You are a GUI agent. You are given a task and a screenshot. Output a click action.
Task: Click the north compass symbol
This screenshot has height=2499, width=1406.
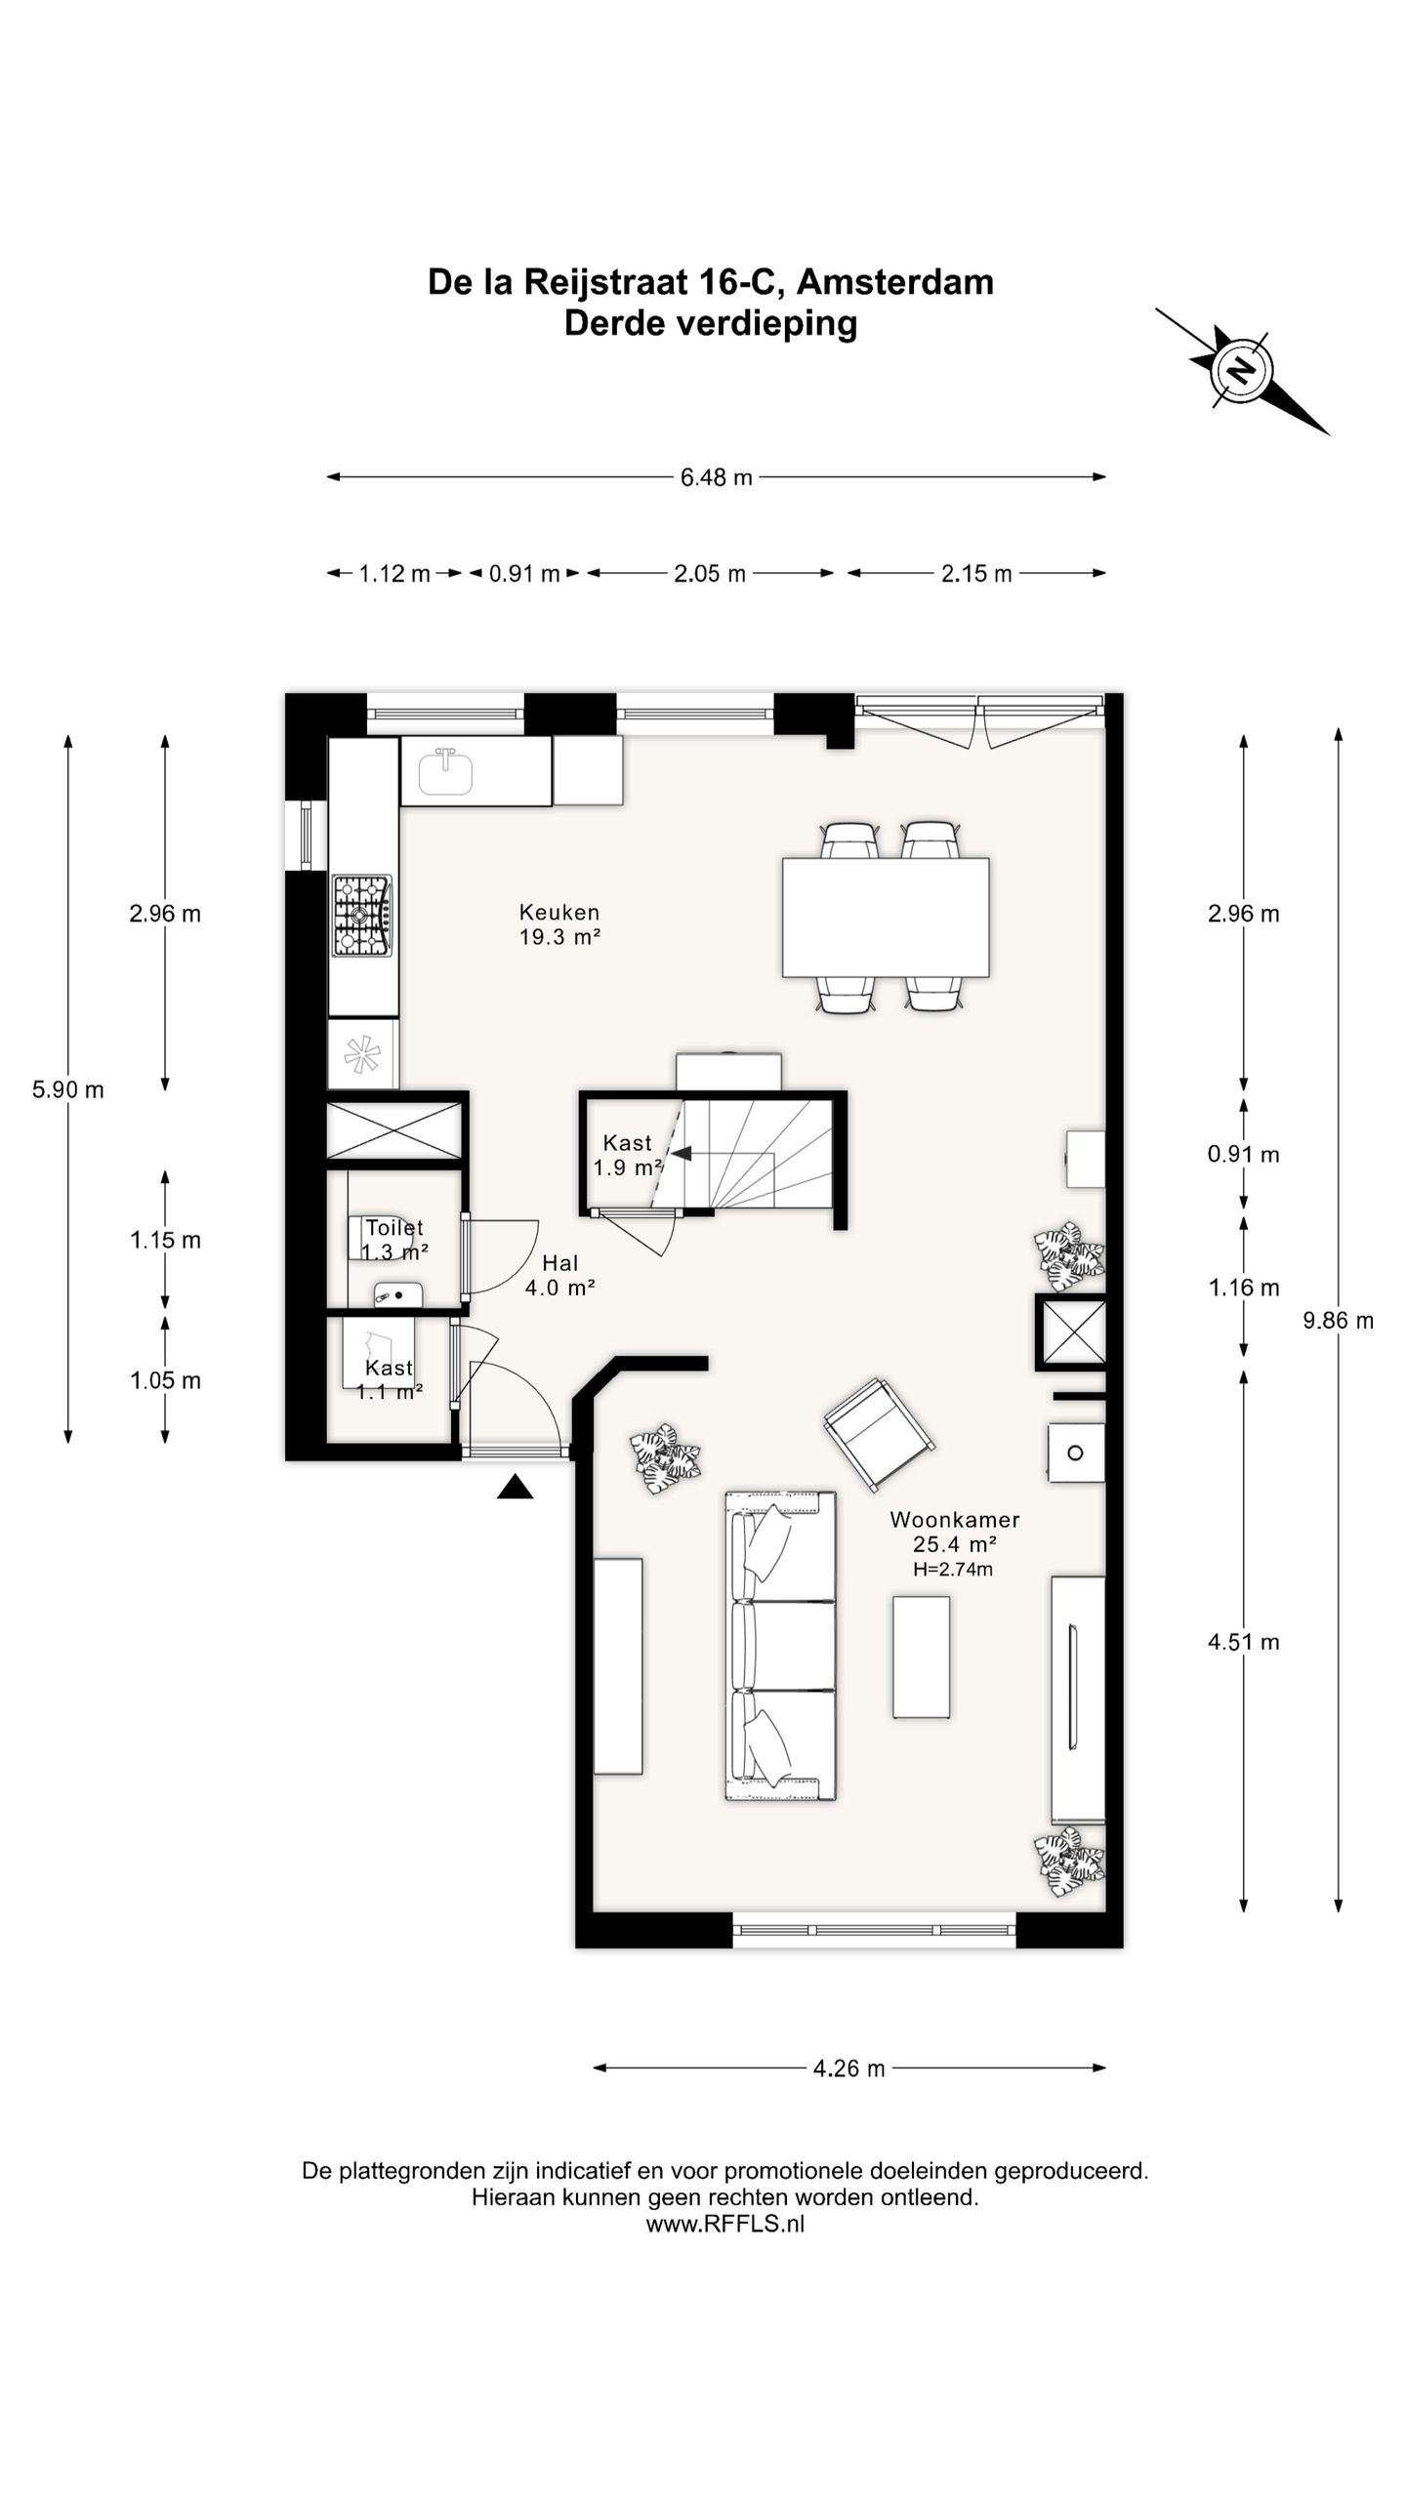(1241, 371)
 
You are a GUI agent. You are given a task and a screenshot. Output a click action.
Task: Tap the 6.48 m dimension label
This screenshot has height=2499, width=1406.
(717, 477)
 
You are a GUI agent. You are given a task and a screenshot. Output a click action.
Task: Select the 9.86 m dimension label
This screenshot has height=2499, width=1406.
(1338, 1321)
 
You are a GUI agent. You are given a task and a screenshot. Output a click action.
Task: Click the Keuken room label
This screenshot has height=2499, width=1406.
(558, 913)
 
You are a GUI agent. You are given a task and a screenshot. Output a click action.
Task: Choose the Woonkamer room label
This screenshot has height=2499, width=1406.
(954, 1520)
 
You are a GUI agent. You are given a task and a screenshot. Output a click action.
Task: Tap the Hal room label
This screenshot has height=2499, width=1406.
(560, 1264)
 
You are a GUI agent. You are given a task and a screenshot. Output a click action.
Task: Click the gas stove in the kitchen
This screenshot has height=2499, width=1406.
(362, 915)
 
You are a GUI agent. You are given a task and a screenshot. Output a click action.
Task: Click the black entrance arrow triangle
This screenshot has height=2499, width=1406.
(516, 1487)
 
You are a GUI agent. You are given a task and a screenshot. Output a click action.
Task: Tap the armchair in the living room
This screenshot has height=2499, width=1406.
(880, 1435)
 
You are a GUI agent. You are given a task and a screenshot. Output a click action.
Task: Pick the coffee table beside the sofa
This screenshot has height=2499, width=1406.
(921, 1658)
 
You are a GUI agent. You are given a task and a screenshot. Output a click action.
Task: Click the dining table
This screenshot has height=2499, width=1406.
(886, 918)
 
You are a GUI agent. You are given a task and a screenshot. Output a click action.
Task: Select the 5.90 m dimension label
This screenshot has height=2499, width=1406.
(68, 1090)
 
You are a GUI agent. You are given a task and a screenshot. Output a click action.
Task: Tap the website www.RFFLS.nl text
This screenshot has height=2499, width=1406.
(725, 2224)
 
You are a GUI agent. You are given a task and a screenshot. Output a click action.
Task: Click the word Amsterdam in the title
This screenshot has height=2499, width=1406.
(894, 282)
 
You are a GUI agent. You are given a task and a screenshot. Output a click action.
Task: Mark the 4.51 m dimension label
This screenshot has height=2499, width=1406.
(1243, 1642)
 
